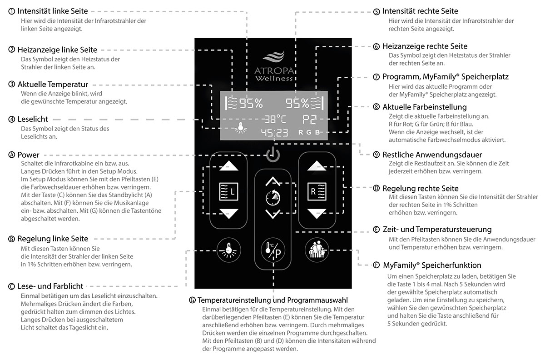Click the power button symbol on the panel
tap(273, 155)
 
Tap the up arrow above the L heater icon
tap(228, 166)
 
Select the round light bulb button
tap(228, 249)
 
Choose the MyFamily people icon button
tap(317, 249)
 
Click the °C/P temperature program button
tap(273, 251)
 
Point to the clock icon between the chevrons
tap(273, 198)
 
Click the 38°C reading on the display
tap(276, 120)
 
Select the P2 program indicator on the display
tap(311, 120)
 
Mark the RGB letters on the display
tap(309, 133)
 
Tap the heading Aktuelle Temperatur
tap(53, 84)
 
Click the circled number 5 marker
tap(376, 11)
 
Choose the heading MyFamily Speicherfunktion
tap(432, 265)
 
